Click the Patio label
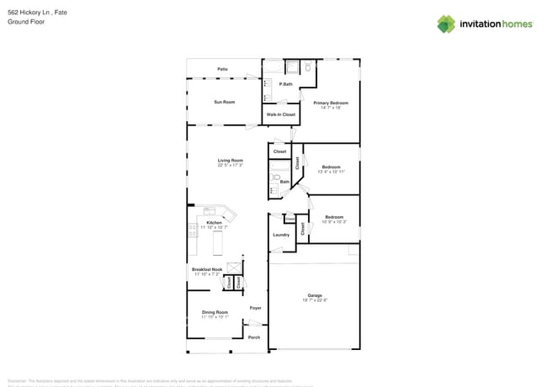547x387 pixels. click(x=222, y=69)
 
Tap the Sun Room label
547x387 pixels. click(x=224, y=102)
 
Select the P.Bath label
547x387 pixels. click(x=286, y=84)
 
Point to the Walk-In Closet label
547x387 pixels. click(x=281, y=114)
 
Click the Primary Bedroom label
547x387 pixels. click(x=331, y=103)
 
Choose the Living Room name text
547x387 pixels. click(x=231, y=160)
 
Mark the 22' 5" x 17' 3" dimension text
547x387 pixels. click(x=231, y=165)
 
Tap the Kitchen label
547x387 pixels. click(x=214, y=222)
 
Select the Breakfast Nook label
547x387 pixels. click(x=207, y=269)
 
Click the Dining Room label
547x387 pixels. click(x=215, y=312)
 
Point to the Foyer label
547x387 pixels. click(x=255, y=308)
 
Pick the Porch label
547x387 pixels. click(x=254, y=337)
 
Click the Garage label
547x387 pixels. click(x=315, y=295)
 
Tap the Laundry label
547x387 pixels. click(x=281, y=235)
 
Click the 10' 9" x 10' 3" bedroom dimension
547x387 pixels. click(x=334, y=221)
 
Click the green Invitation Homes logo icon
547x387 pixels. click(x=446, y=24)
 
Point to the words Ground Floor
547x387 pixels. click(x=24, y=22)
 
